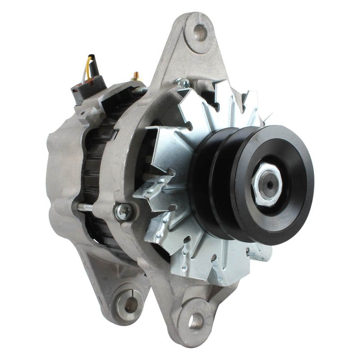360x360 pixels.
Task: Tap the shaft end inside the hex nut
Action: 269,184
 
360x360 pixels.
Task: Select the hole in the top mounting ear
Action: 200,32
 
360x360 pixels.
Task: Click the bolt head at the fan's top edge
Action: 183,82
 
